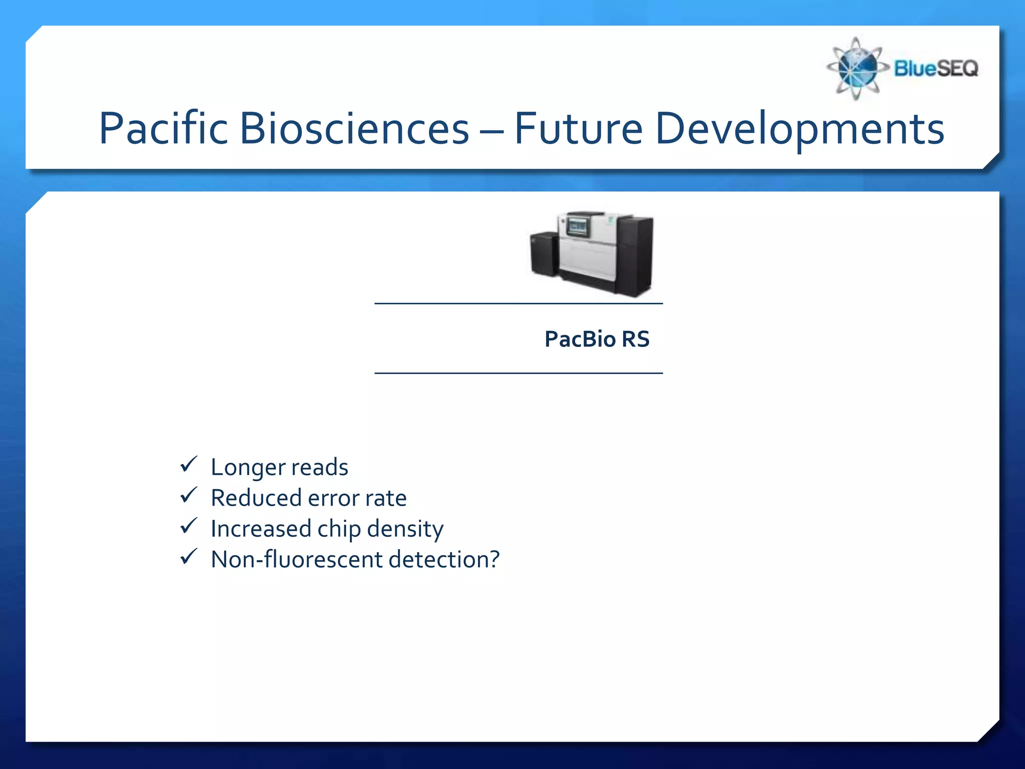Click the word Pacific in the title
tap(163, 129)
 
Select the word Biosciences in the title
tap(354, 129)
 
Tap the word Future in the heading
tap(579, 129)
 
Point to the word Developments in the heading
tap(799, 129)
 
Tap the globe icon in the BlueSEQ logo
tap(857, 69)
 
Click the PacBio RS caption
tap(597, 339)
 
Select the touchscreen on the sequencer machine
tap(578, 227)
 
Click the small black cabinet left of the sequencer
tap(544, 254)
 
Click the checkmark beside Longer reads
tap(189, 464)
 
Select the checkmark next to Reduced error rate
tap(189, 495)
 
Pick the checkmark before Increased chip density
tap(189, 526)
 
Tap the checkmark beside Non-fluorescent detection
tap(189, 556)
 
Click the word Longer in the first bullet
tap(247, 468)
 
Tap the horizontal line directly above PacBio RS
tap(519, 303)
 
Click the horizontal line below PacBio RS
tap(519, 373)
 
